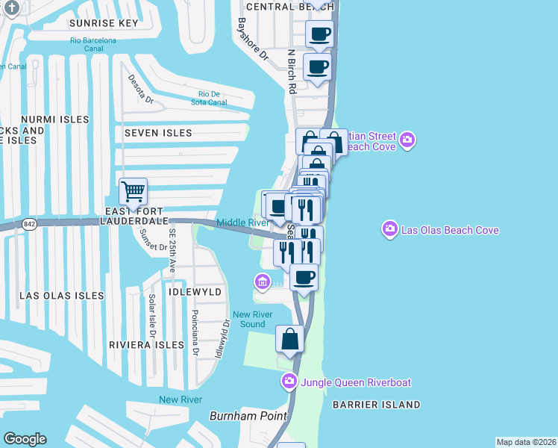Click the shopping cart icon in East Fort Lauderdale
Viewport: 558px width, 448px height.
click(x=133, y=191)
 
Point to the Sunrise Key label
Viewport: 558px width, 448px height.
click(x=104, y=23)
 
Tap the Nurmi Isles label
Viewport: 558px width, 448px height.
click(x=55, y=119)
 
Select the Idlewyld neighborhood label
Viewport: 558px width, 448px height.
click(x=195, y=292)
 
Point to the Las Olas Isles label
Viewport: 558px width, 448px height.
click(x=61, y=296)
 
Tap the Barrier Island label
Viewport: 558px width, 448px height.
click(x=377, y=405)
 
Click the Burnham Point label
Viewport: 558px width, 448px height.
click(x=248, y=416)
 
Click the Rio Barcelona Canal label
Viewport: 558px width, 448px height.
click(x=93, y=45)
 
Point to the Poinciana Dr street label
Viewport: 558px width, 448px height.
click(x=195, y=333)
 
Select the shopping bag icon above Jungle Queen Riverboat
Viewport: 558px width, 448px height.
click(x=289, y=339)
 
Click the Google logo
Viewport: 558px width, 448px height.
click(x=25, y=439)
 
